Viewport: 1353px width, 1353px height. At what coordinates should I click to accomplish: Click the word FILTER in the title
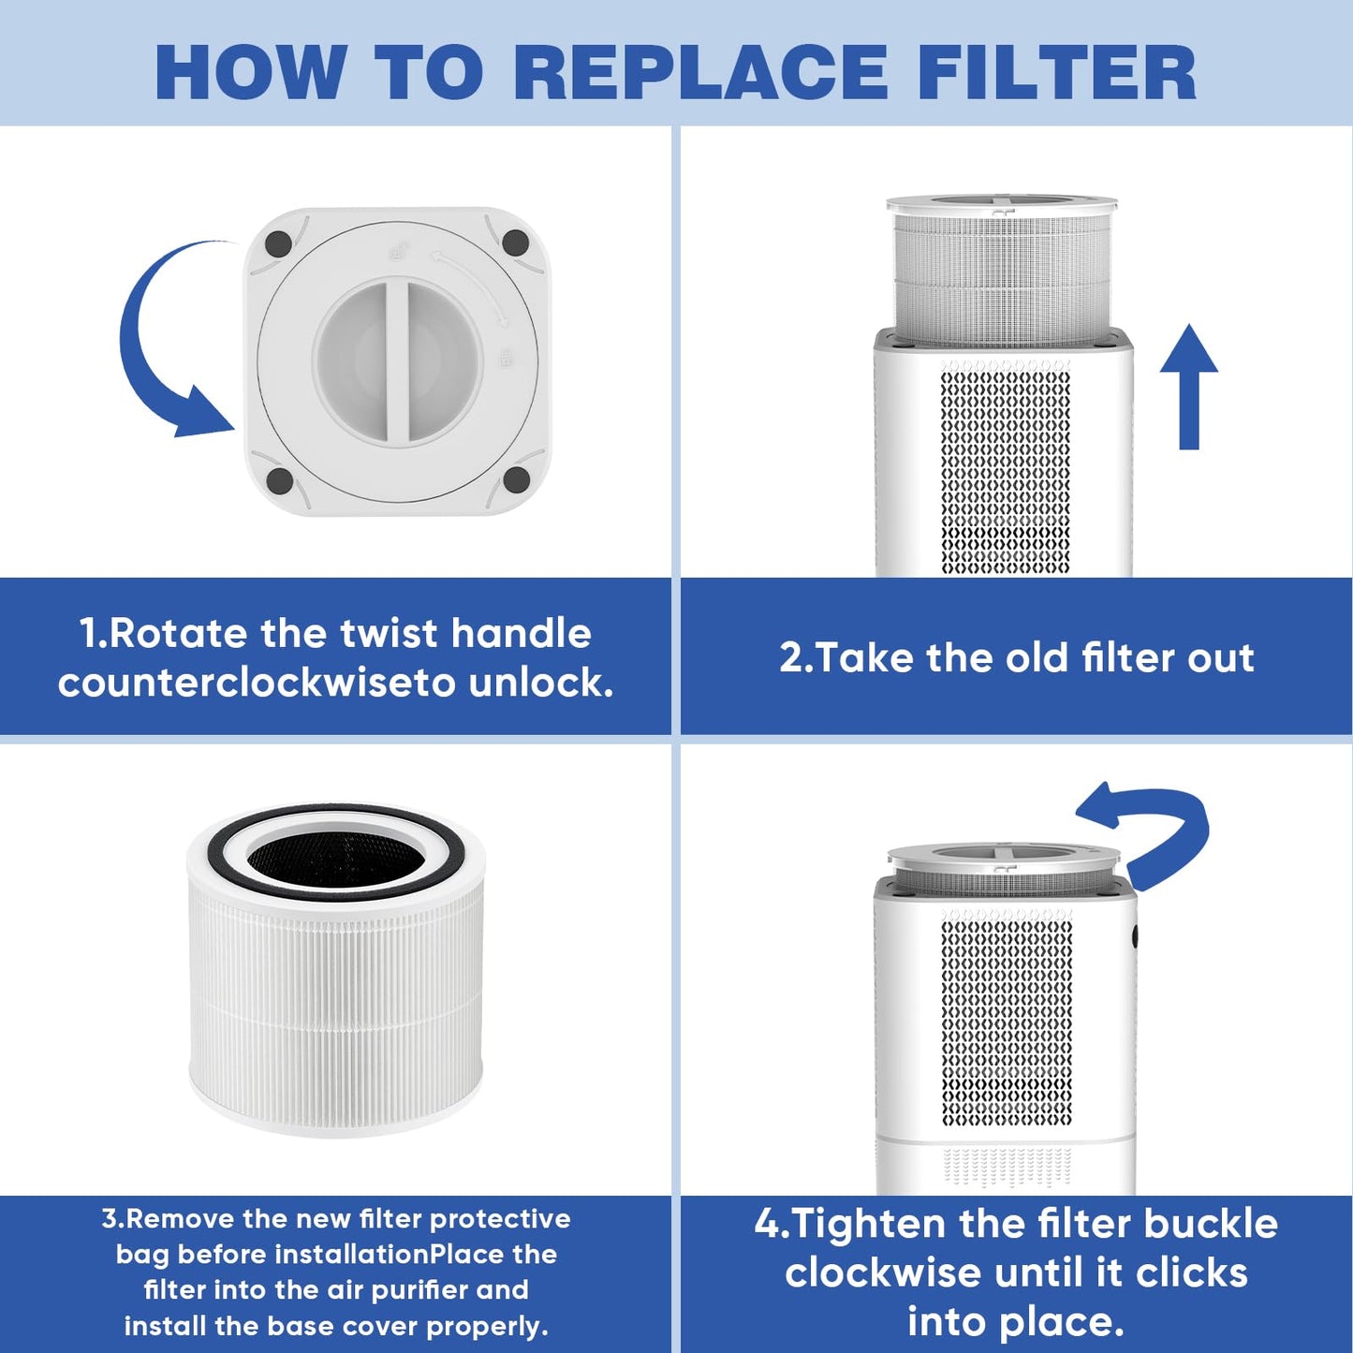pos(1056,72)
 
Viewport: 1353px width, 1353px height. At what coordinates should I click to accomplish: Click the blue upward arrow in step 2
pos(1188,384)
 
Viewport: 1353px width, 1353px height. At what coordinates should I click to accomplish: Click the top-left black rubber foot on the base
pos(278,243)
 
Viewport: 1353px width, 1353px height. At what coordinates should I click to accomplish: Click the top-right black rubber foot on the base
pos(515,243)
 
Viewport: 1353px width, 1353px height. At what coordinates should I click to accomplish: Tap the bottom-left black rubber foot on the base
pos(279,481)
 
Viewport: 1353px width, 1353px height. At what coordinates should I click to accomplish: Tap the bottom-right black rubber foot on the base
pos(516,480)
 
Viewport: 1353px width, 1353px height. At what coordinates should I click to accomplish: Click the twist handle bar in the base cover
pos(397,360)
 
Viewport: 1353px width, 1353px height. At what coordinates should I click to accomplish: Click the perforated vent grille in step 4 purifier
pos(1007,1021)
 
